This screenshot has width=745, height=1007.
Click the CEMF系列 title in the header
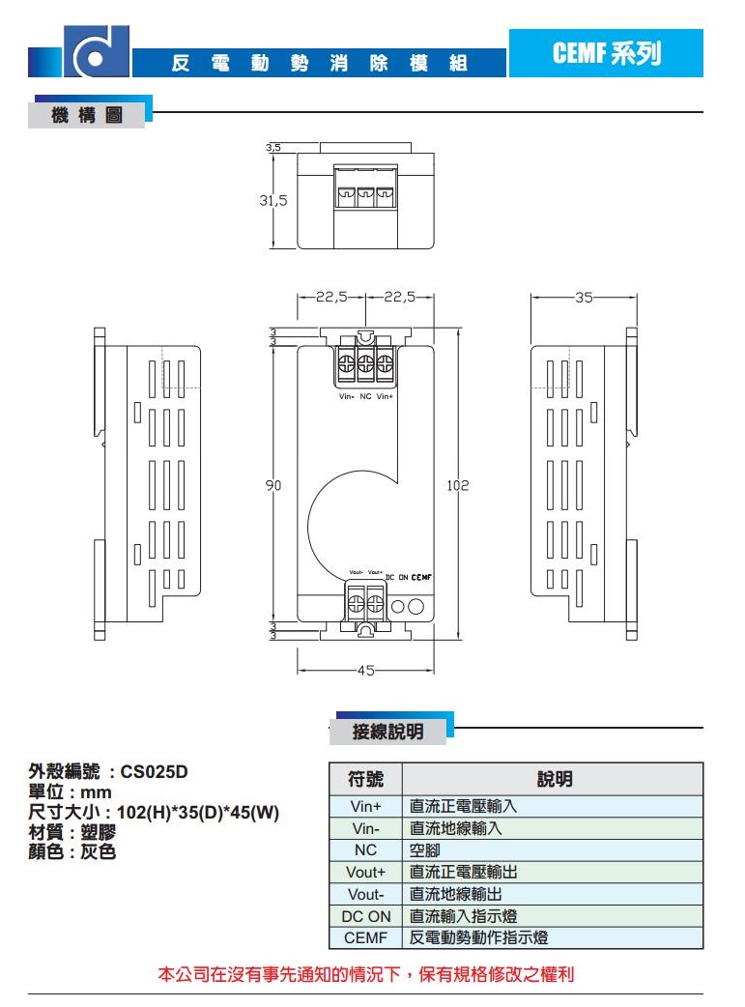pyautogui.click(x=606, y=54)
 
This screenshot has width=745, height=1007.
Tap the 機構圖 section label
pyautogui.click(x=87, y=116)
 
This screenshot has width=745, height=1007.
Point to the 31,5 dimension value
pyautogui.click(x=272, y=201)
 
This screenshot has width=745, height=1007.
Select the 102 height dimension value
pyautogui.click(x=457, y=486)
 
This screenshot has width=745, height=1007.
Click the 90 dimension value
pyautogui.click(x=273, y=486)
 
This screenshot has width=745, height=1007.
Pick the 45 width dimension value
pyautogui.click(x=366, y=670)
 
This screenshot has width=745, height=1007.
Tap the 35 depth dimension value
pyautogui.click(x=583, y=299)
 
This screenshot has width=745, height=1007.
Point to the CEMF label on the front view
pyautogui.click(x=420, y=577)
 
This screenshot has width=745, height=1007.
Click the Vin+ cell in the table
pyautogui.click(x=366, y=806)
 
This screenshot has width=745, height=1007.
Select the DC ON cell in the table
pyautogui.click(x=366, y=916)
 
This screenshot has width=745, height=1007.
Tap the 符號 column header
pyautogui.click(x=365, y=779)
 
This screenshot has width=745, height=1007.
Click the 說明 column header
pyautogui.click(x=553, y=779)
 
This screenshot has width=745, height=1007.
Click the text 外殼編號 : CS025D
pyautogui.click(x=108, y=772)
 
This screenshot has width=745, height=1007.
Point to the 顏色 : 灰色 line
pyautogui.click(x=72, y=852)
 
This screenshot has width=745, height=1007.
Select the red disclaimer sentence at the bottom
pyautogui.click(x=366, y=974)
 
